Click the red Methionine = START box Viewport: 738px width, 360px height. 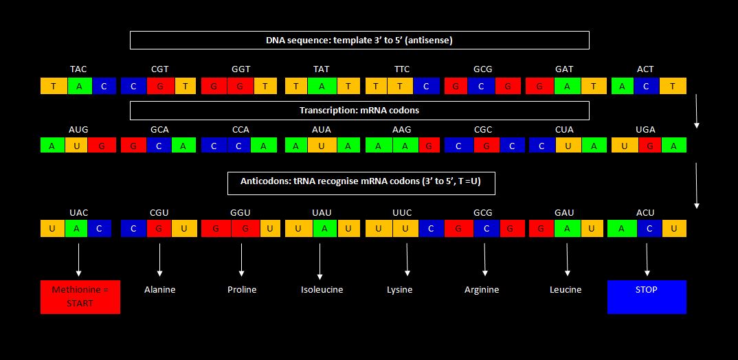coord(80,297)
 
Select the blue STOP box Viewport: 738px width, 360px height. coord(647,297)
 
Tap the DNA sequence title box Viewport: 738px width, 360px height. coord(359,41)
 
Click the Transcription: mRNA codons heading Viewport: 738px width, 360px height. coord(359,111)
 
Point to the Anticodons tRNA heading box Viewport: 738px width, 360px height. coord(361,183)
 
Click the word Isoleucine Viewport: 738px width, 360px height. coord(322,290)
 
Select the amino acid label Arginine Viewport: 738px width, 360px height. coord(482,290)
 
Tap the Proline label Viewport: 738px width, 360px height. coord(242,290)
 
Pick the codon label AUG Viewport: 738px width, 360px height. coord(78,130)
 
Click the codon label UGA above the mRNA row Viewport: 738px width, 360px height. coord(645,130)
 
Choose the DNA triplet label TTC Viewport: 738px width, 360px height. coord(402,69)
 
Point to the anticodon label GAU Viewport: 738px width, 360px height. coord(564,213)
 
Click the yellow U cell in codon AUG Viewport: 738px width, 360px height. coord(77,146)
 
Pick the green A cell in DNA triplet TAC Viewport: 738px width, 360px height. coord(78,87)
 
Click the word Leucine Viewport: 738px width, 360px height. coord(566,290)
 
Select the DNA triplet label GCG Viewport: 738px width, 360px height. coord(482,69)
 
